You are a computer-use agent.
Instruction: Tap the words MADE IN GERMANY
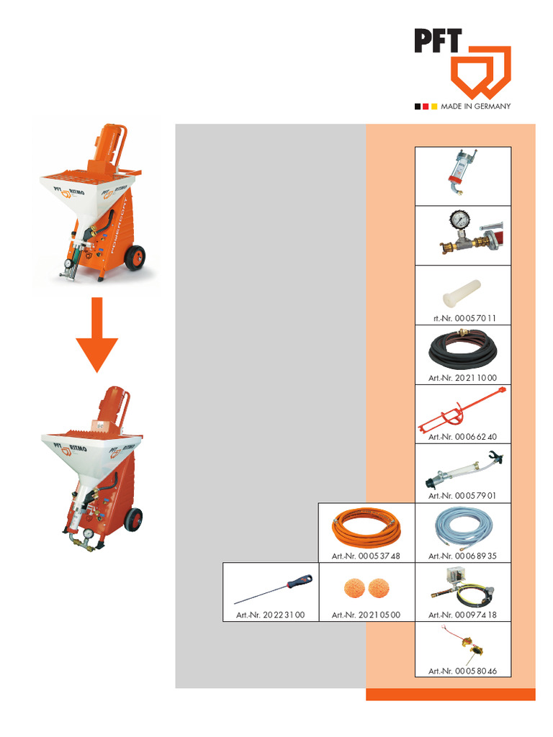tap(475, 107)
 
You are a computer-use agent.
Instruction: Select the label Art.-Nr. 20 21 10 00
tap(462, 378)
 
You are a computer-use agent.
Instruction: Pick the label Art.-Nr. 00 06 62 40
tap(462, 437)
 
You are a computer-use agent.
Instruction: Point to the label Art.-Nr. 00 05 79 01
tap(462, 496)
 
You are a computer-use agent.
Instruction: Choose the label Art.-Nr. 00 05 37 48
tap(366, 556)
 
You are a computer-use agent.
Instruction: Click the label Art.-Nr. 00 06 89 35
tap(462, 556)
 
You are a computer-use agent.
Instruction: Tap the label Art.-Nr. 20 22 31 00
tap(270, 615)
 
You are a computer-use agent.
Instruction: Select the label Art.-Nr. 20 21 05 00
tap(366, 615)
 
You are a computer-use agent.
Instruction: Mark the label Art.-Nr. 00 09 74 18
tap(462, 615)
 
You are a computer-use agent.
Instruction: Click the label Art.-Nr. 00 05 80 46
tap(462, 671)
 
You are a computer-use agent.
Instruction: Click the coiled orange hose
tap(366, 530)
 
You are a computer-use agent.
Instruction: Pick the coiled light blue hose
tap(462, 530)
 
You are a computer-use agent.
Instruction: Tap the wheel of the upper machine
tap(135, 258)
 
